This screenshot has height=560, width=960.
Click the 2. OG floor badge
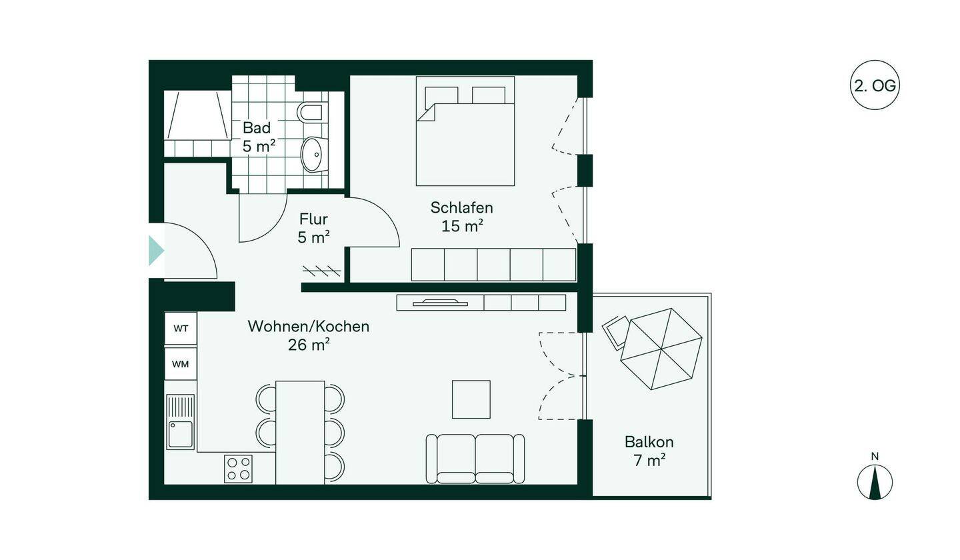[x=875, y=85]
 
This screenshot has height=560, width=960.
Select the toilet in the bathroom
[x=312, y=113]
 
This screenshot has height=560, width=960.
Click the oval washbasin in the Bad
[x=314, y=154]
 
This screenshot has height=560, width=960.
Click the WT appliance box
[x=181, y=328]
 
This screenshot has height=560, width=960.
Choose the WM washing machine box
[x=181, y=364]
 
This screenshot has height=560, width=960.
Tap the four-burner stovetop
[x=238, y=469]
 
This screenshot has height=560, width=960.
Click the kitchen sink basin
[x=181, y=435]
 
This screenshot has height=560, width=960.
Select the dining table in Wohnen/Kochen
[x=300, y=433]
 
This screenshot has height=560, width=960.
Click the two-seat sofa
[x=475, y=459]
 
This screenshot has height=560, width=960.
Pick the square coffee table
[x=471, y=399]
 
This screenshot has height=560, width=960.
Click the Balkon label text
[x=649, y=442]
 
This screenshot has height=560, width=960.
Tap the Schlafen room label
[x=461, y=208]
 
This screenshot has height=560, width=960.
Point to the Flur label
[x=313, y=219]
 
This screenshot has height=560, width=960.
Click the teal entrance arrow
[x=156, y=251]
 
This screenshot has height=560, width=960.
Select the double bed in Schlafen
[x=465, y=131]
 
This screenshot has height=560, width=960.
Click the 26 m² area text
[x=309, y=345]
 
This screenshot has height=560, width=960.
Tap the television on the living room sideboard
[x=440, y=303]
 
